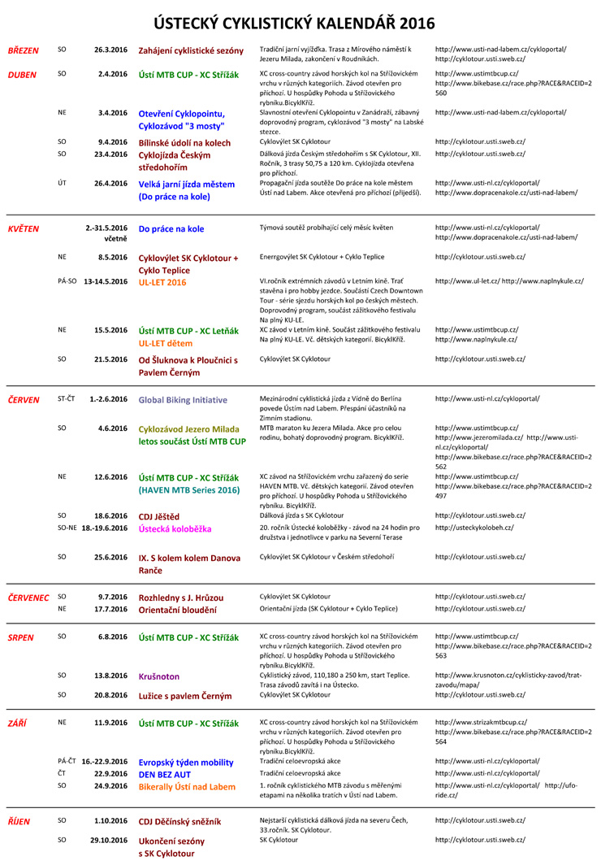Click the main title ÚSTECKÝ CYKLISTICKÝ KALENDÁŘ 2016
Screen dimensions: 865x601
[300, 22]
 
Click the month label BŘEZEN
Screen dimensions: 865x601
[24, 50]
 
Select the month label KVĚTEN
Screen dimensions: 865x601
[24, 228]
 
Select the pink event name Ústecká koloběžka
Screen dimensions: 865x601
[180, 528]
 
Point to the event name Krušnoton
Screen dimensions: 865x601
[159, 676]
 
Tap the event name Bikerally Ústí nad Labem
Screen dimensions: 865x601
[188, 787]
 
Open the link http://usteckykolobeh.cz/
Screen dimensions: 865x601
[474, 528]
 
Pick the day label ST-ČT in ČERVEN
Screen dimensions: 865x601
[67, 399]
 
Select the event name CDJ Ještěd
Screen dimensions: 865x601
[159, 515]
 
